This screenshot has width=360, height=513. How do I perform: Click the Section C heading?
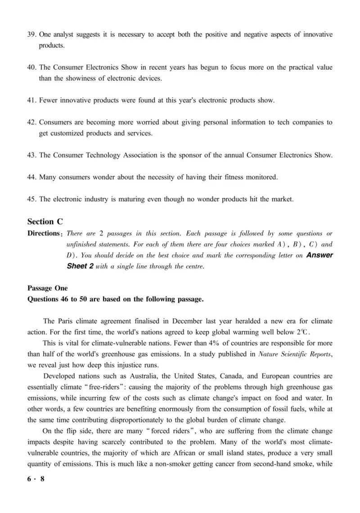tap(45, 222)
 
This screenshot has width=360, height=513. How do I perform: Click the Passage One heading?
tap(47, 289)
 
